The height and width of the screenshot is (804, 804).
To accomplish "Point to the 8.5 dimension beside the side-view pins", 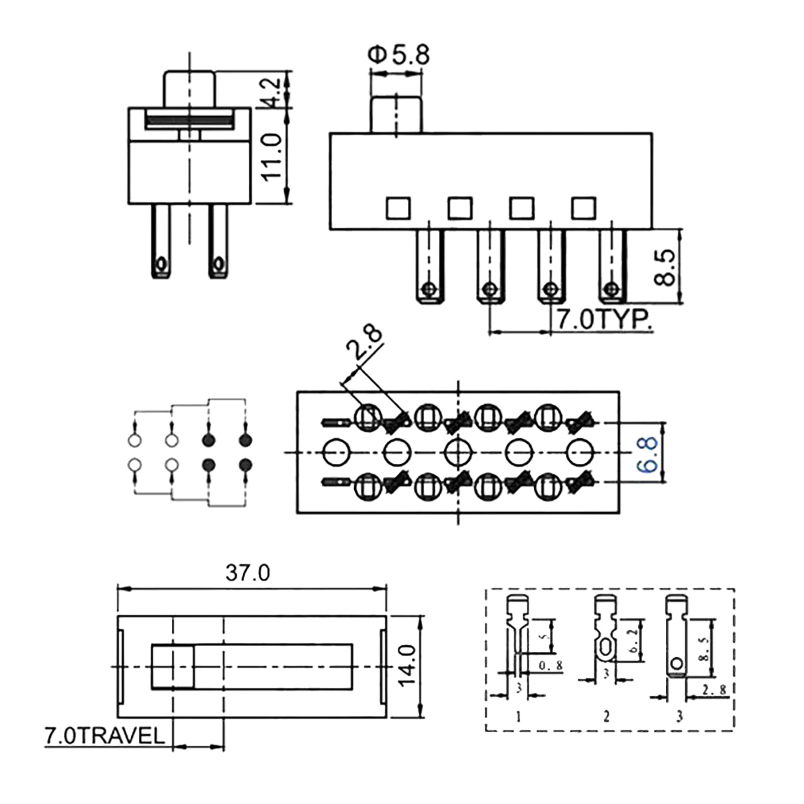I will (666, 267).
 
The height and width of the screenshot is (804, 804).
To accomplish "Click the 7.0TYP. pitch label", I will (603, 320).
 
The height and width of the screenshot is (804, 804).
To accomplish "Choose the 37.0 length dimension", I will (248, 573).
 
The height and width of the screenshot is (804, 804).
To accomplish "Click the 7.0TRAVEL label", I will (105, 736).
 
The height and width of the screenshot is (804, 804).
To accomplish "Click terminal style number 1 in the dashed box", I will (519, 716).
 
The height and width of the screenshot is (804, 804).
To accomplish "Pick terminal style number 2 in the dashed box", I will (607, 716).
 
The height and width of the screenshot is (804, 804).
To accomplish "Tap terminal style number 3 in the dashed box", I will (679, 716).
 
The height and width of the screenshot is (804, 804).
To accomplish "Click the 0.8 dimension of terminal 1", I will (551, 666).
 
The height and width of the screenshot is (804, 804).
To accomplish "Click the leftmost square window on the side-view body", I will (398, 208).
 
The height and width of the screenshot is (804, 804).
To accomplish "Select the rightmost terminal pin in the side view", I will (613, 266).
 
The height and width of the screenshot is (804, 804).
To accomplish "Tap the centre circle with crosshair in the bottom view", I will (458, 453).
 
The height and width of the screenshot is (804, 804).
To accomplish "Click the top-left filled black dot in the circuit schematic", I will (209, 441).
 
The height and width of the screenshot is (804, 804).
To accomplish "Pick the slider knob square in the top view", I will (172, 666).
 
